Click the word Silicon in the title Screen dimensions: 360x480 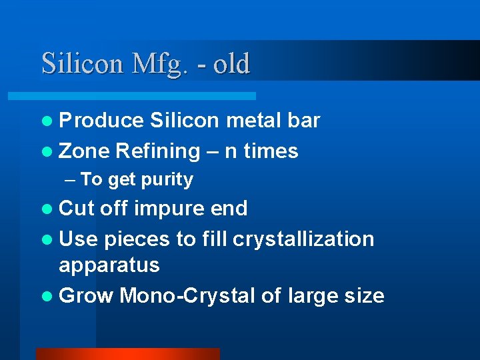coord(82,64)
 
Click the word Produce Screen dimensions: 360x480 coord(101,121)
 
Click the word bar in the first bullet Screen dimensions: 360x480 coord(304,121)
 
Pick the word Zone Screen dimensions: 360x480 coord(84,151)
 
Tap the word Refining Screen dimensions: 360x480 coord(157,151)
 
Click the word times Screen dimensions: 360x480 coord(271,151)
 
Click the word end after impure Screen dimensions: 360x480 coord(229,209)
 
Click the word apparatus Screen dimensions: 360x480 coord(109,265)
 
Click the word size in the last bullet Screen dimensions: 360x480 coord(365,295)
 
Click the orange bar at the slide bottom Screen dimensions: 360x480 coord(127,354)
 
